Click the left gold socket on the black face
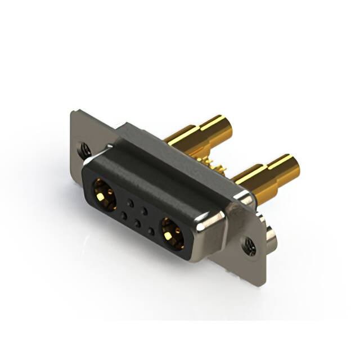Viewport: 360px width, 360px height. (104, 192)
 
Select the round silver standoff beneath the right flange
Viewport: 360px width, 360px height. (271, 236)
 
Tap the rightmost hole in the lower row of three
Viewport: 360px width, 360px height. (150, 230)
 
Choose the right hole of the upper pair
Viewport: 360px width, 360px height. (144, 210)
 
